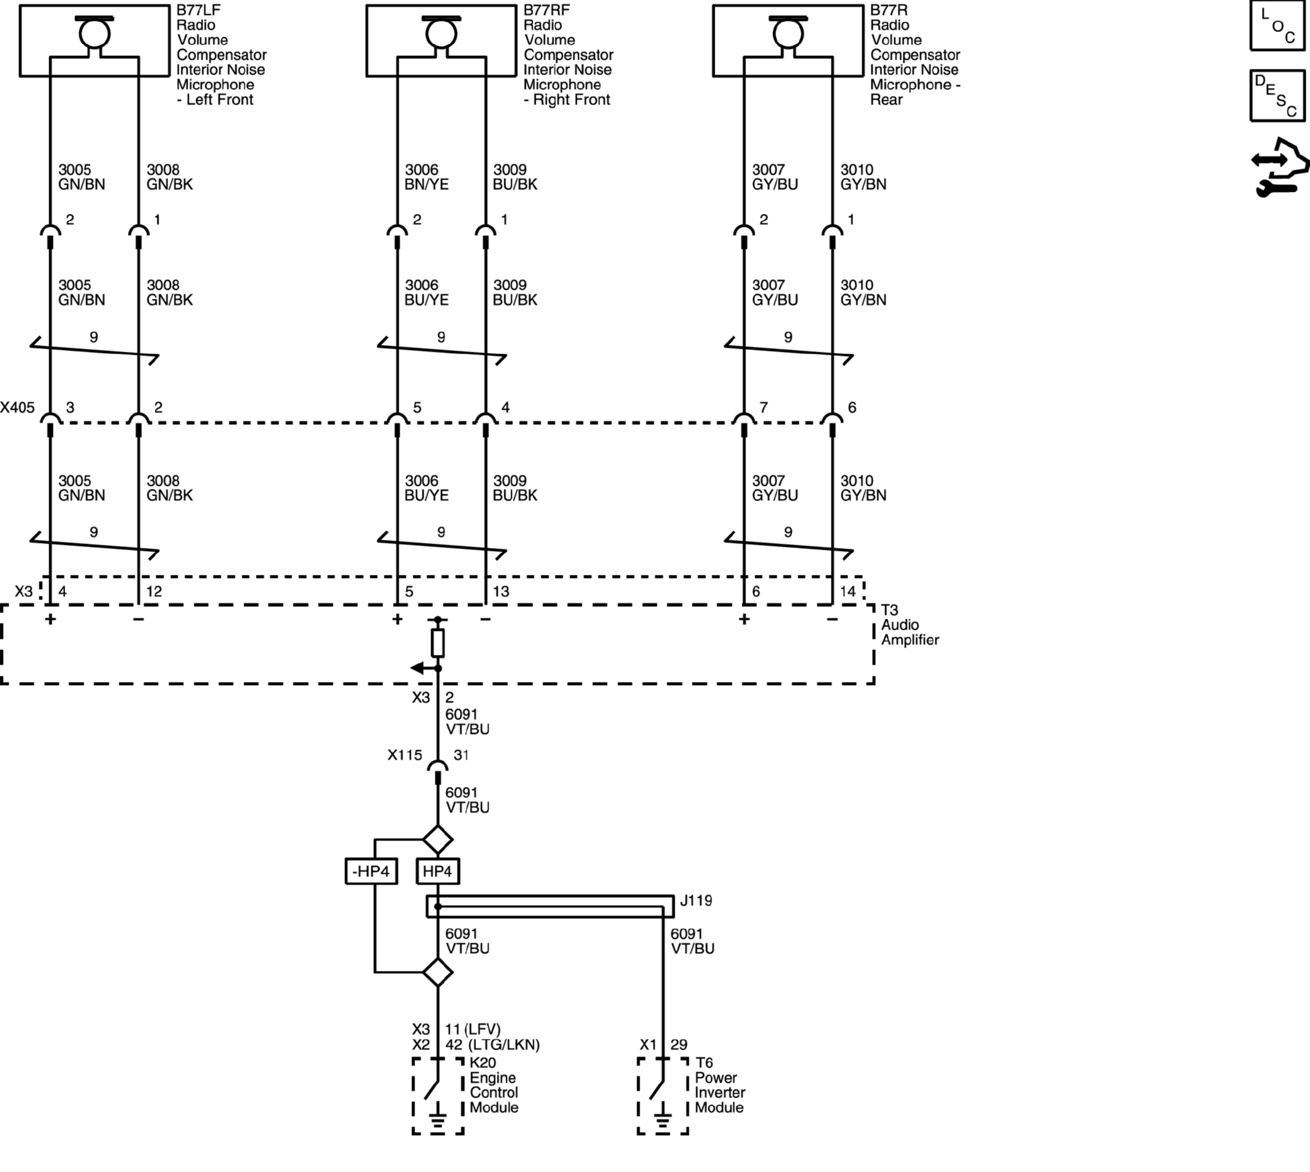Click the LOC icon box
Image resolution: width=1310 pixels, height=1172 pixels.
tap(1277, 25)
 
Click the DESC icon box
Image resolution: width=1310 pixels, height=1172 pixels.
tap(1277, 95)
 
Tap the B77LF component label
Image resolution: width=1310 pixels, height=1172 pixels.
tap(199, 10)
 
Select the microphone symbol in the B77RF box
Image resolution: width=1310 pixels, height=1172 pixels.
tap(441, 32)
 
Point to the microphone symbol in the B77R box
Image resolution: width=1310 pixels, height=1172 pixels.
tap(788, 32)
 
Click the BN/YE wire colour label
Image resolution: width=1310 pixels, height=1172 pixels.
tap(426, 185)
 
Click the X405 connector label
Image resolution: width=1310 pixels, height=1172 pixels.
tap(17, 408)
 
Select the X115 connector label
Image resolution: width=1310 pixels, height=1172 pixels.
tap(405, 754)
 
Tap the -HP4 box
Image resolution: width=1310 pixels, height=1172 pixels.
tap(371, 871)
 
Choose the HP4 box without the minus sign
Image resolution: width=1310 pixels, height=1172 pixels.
tap(438, 871)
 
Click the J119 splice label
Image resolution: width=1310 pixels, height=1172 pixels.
tap(696, 901)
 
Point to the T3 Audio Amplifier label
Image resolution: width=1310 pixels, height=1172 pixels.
tap(910, 625)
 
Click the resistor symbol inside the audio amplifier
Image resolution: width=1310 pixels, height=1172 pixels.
tap(438, 643)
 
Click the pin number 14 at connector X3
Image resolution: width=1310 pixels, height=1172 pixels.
tap(848, 591)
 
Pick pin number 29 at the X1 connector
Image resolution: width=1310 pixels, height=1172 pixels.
tap(679, 1045)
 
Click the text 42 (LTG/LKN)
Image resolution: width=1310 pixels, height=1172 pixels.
tap(493, 1045)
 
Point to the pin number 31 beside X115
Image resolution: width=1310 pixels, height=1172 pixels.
tap(461, 754)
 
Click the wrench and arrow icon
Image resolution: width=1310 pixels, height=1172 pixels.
tap(1280, 167)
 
